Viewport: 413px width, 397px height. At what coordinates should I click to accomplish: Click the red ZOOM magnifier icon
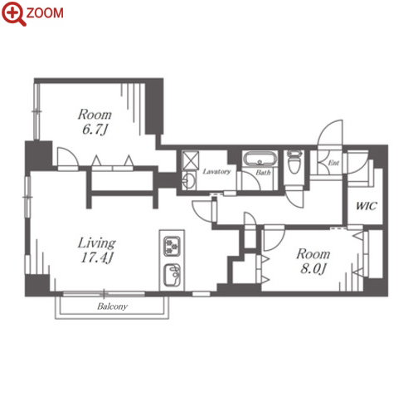point(13,14)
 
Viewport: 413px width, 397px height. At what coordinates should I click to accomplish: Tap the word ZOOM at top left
point(45,13)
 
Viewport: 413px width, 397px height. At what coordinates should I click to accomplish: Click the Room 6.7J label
point(95,122)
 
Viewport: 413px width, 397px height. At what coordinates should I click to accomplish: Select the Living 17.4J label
point(97,250)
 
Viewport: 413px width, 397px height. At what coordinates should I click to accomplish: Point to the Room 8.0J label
point(313,261)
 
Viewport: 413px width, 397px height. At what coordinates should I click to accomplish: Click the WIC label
point(366,206)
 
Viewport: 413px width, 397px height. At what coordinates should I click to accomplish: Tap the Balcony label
point(112,306)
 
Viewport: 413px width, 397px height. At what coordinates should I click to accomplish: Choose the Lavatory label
point(216,172)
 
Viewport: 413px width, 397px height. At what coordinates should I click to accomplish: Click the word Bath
point(263,173)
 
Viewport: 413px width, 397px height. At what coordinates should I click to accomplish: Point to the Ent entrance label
point(333,163)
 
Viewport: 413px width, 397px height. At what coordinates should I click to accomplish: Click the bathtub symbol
point(260,159)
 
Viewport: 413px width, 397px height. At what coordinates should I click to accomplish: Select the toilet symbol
point(294,162)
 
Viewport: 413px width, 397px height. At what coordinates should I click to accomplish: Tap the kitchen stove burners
point(172,246)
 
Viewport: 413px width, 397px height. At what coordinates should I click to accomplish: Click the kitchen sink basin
point(172,275)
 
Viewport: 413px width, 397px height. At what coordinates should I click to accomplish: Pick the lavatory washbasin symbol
point(189,180)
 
